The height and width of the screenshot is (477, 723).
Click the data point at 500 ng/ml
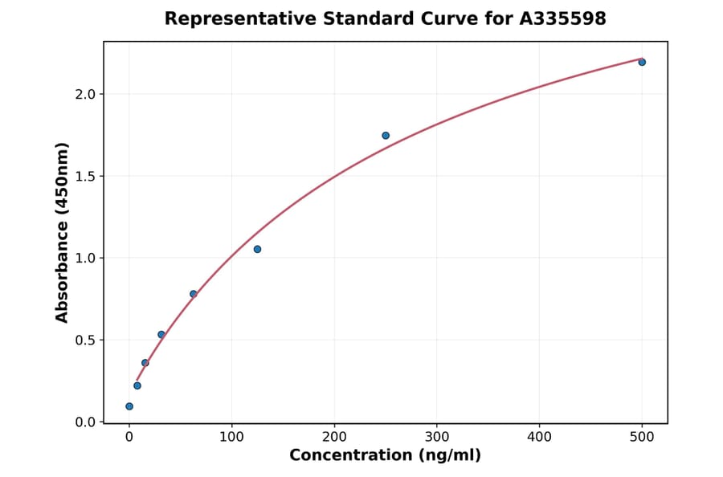tap(642, 62)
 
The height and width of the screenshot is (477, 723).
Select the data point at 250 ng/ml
tap(386, 136)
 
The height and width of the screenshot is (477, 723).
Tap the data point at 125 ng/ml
tap(257, 249)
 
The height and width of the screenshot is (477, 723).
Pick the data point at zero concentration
tap(129, 406)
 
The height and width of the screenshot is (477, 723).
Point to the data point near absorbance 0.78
tap(194, 294)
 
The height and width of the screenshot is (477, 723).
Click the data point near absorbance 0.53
tap(161, 334)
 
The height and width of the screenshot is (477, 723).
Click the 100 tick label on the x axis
tap(231, 437)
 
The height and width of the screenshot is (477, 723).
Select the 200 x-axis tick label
tap(334, 437)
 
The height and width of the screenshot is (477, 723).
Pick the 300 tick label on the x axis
tap(437, 437)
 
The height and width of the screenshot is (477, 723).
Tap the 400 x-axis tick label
tap(539, 437)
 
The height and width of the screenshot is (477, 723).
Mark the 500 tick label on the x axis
tap(642, 437)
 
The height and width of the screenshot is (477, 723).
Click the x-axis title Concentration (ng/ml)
tap(385, 456)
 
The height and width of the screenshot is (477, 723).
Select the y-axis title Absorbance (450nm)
tap(62, 232)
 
